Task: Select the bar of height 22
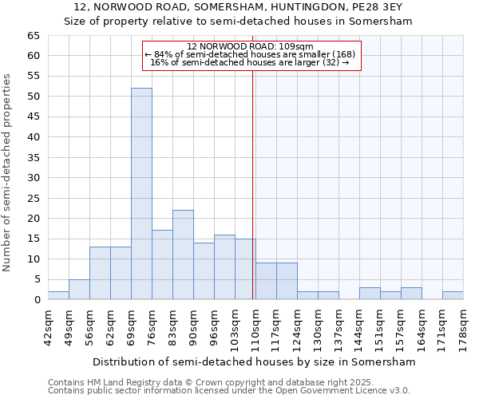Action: pos(183,255)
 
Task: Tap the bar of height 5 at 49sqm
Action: pos(79,289)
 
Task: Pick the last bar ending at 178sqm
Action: pos(453,295)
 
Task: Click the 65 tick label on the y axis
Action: pos(33,36)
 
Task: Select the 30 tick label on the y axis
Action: pos(33,178)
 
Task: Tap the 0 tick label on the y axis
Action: pos(36,300)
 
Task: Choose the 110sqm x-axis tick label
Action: pos(255,327)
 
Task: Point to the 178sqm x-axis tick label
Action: pos(463,327)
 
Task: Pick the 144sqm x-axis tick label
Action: pos(359,327)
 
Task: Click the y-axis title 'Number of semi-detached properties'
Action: pos(8,172)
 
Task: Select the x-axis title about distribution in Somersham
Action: pos(254,361)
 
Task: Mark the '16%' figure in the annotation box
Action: pos(157,62)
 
